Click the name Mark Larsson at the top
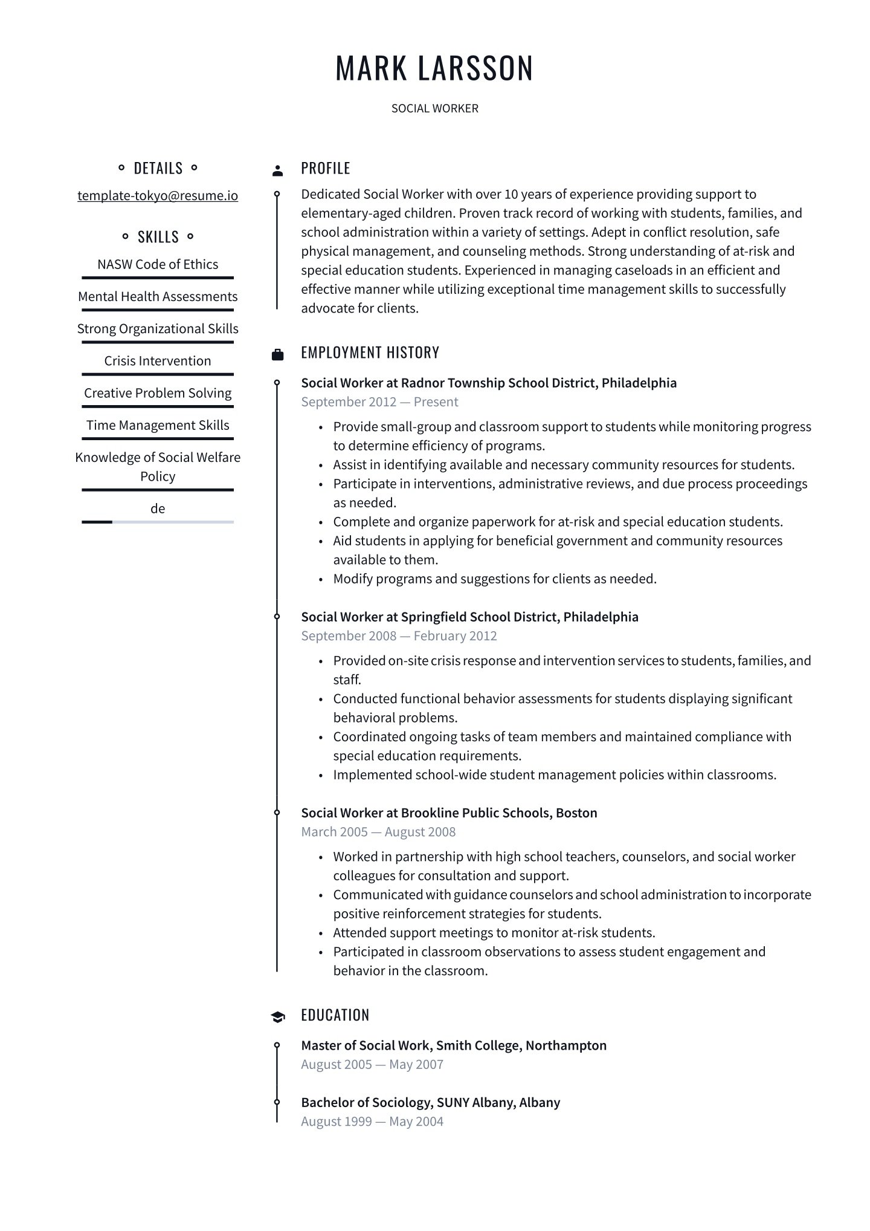tap(434, 67)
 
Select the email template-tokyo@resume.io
tap(158, 196)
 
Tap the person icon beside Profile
tap(277, 171)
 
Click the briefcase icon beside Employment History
tap(277, 354)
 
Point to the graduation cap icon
tap(277, 1017)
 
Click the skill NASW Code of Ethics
tap(158, 264)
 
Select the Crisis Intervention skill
tap(158, 361)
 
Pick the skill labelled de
tap(158, 508)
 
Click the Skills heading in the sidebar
tap(158, 236)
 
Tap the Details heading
tap(158, 168)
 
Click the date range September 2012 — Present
tap(379, 402)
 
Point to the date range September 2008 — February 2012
tap(399, 636)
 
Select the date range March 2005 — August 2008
tap(378, 832)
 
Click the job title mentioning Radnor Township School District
tap(489, 383)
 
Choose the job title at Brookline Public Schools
tap(449, 813)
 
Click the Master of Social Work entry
tap(454, 1045)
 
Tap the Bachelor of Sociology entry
tap(430, 1102)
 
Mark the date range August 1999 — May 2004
tap(372, 1122)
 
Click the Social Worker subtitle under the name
tap(434, 109)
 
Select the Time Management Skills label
tap(158, 425)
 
